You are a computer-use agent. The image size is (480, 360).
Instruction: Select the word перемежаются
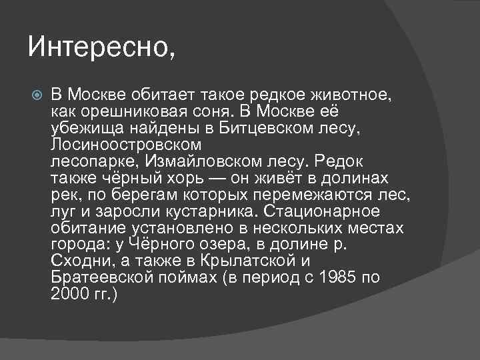click(x=311, y=195)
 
